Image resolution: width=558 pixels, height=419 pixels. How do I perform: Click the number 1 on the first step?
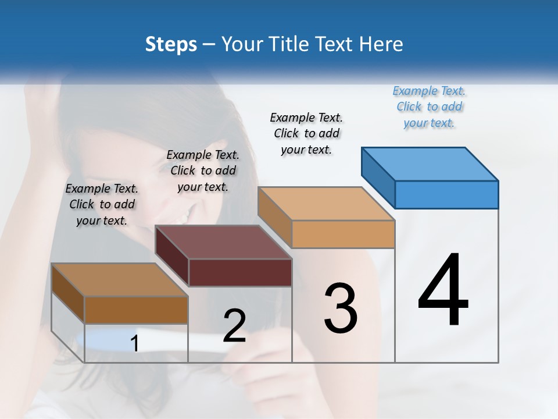point(135,344)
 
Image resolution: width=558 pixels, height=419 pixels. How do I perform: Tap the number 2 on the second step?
point(234,326)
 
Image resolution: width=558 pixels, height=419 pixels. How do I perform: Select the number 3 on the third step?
point(341,308)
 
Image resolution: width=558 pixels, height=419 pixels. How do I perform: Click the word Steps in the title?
point(171,44)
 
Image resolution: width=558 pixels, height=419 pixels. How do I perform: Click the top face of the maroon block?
point(223,242)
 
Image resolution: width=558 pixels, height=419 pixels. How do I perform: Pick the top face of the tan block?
point(326,204)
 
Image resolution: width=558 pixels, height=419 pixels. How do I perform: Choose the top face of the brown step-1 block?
point(120,279)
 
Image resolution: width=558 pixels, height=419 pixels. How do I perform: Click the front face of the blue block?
point(446,194)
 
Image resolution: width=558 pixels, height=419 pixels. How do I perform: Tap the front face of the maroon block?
point(240,272)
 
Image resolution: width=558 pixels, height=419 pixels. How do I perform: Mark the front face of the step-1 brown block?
point(136,310)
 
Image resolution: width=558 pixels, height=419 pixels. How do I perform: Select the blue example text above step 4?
point(429,107)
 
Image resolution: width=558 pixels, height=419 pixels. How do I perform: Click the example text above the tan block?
point(306,133)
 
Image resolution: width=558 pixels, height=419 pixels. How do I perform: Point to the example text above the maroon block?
point(203,171)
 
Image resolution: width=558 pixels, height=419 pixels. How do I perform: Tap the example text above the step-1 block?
point(102,204)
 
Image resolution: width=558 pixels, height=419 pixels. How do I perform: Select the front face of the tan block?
point(343,234)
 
